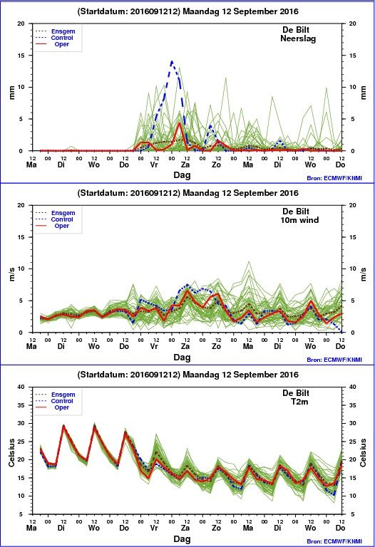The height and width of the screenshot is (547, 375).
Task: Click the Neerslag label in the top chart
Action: coord(298,38)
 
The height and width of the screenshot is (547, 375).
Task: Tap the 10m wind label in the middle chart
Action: coord(299,220)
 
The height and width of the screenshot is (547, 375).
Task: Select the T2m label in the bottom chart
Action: coord(299,402)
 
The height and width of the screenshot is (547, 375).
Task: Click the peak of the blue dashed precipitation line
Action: coord(172,61)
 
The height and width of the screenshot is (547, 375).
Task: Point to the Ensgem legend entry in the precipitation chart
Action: coord(63,31)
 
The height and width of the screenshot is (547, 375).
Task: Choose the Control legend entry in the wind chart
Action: coord(62,219)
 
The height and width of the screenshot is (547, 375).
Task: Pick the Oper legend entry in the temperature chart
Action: coord(61,407)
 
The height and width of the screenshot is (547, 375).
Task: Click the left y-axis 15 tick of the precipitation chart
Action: coord(21,56)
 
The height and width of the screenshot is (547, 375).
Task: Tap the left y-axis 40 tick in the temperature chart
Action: coord(21,387)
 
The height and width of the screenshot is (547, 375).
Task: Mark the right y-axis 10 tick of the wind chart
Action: coord(352,269)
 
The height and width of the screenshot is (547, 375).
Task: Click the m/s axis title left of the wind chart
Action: coord(12,274)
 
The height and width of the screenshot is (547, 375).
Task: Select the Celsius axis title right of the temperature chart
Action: coord(363,452)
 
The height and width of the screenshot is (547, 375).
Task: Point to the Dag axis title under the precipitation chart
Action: coord(182,174)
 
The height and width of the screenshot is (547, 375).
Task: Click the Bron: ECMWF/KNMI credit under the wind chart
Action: coord(334,360)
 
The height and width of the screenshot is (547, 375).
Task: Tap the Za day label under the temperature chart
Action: coord(185,528)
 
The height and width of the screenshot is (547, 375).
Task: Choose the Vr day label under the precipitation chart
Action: coord(154,165)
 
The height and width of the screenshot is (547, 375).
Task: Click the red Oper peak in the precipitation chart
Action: coord(180,123)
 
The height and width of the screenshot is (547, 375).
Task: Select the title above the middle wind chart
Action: coord(187,193)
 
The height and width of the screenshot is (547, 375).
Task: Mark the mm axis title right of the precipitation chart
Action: coord(363,93)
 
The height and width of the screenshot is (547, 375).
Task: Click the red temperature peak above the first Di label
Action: coord(63,426)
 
